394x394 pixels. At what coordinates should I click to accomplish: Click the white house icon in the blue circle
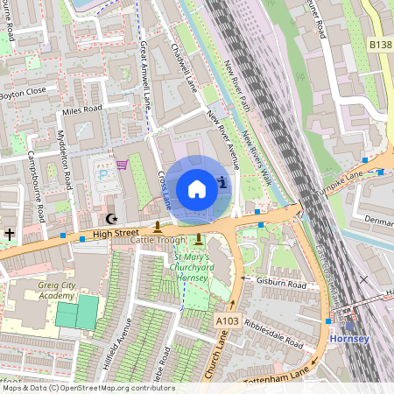coord(197,188)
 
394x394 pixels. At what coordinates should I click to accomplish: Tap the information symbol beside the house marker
coord(223,182)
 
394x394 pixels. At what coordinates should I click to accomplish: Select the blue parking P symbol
coord(103,175)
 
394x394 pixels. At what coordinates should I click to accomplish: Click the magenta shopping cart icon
coord(123,164)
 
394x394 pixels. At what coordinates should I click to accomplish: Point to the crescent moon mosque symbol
coord(110,219)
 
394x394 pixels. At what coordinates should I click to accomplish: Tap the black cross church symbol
coord(10,234)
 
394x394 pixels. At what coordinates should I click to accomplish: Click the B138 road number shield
coord(380,43)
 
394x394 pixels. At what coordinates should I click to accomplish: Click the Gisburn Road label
coord(281,285)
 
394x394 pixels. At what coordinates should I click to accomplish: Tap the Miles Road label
coord(81,109)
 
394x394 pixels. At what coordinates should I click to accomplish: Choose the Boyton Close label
coord(22,93)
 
